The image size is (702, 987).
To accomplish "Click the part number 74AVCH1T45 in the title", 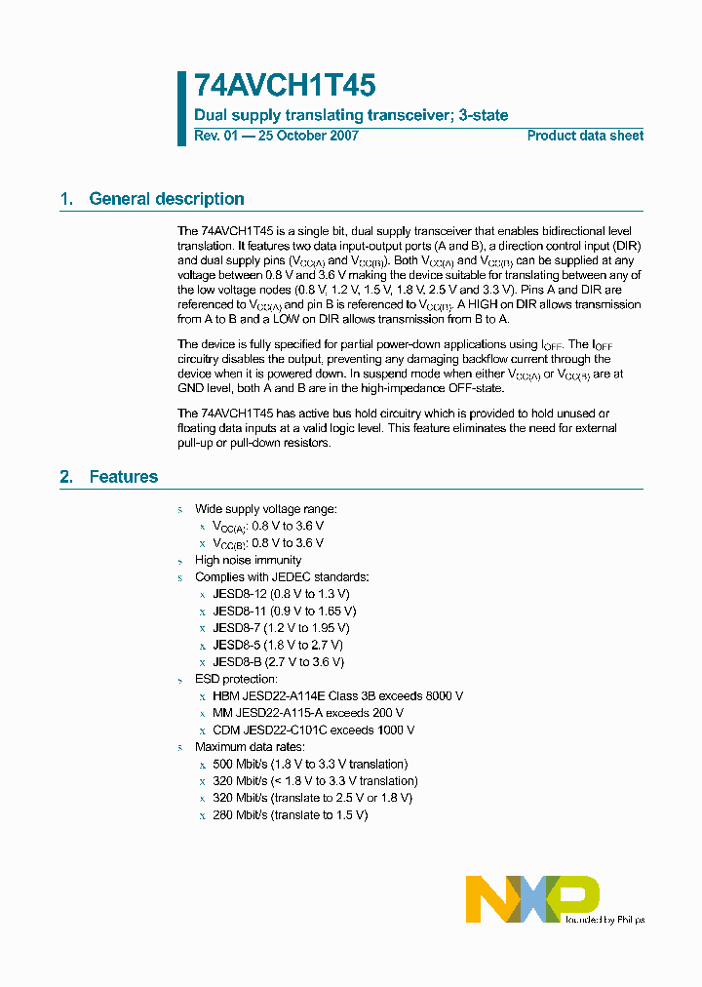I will click(285, 86).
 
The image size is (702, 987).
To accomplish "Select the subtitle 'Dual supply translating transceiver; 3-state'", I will click(351, 115).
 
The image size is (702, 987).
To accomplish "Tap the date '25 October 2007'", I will click(307, 136).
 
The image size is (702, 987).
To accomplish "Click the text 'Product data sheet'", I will click(585, 136).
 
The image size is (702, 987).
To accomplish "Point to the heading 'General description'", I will click(166, 199).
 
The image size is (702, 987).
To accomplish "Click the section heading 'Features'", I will click(123, 477).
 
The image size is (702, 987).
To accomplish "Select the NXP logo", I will click(532, 898).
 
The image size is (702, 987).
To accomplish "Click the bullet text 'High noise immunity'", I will click(248, 560).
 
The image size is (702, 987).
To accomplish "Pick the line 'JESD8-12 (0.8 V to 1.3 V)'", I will click(281, 594).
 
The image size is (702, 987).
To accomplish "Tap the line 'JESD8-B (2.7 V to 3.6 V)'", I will click(278, 662).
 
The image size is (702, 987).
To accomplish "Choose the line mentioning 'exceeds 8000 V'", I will click(337, 696).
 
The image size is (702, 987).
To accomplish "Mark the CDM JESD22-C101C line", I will click(314, 730).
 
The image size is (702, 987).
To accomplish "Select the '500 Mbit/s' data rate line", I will click(310, 764).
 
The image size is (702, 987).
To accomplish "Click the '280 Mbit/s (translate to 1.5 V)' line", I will click(290, 814).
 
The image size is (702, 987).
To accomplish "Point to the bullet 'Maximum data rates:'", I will click(249, 747).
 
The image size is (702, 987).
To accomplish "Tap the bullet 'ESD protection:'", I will click(236, 679).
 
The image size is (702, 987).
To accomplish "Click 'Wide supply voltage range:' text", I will click(265, 509).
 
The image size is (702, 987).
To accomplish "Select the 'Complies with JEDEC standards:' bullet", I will click(282, 577).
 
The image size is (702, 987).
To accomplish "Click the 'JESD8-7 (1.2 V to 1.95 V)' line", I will click(281, 628).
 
